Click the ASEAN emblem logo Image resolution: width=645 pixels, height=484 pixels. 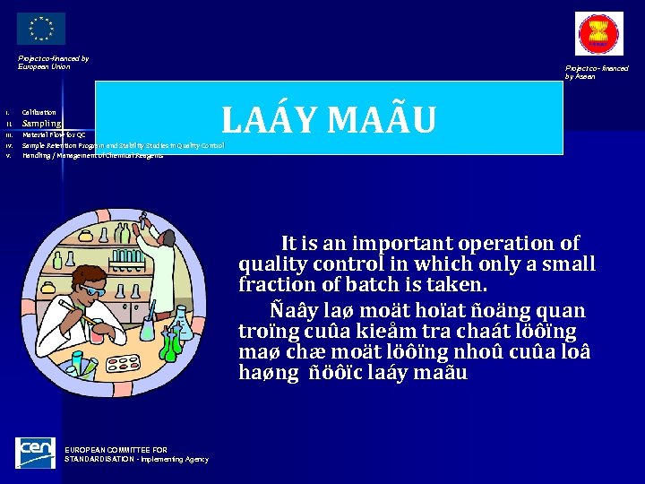point(599,34)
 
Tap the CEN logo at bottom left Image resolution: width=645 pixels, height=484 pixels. point(36,453)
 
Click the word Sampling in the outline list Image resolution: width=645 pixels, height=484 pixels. point(41,123)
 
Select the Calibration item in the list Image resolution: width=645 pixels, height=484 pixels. point(39,112)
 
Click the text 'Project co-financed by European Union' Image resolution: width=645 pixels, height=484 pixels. point(53,62)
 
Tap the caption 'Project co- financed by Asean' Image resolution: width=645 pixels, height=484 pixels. point(596,72)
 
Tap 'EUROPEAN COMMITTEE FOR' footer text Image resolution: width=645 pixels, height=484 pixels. point(116,450)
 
